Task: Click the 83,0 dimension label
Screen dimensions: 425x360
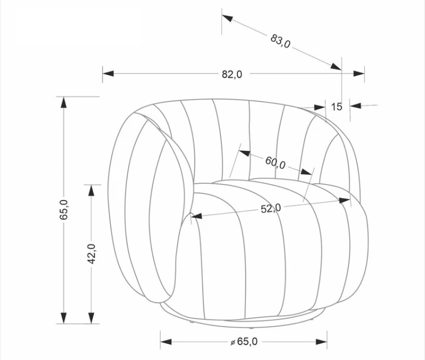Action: tap(280, 41)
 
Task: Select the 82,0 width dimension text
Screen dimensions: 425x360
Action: tap(232, 74)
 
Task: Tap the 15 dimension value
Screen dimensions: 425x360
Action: tap(337, 107)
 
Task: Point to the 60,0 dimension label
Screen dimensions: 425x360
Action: tap(275, 162)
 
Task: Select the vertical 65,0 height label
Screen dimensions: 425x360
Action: tap(64, 210)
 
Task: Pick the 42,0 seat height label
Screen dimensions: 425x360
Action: tap(91, 254)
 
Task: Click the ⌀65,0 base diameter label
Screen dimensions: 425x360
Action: tap(244, 342)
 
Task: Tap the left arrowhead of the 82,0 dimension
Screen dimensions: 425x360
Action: tap(108, 74)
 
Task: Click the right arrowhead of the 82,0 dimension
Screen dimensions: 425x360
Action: tap(359, 74)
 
